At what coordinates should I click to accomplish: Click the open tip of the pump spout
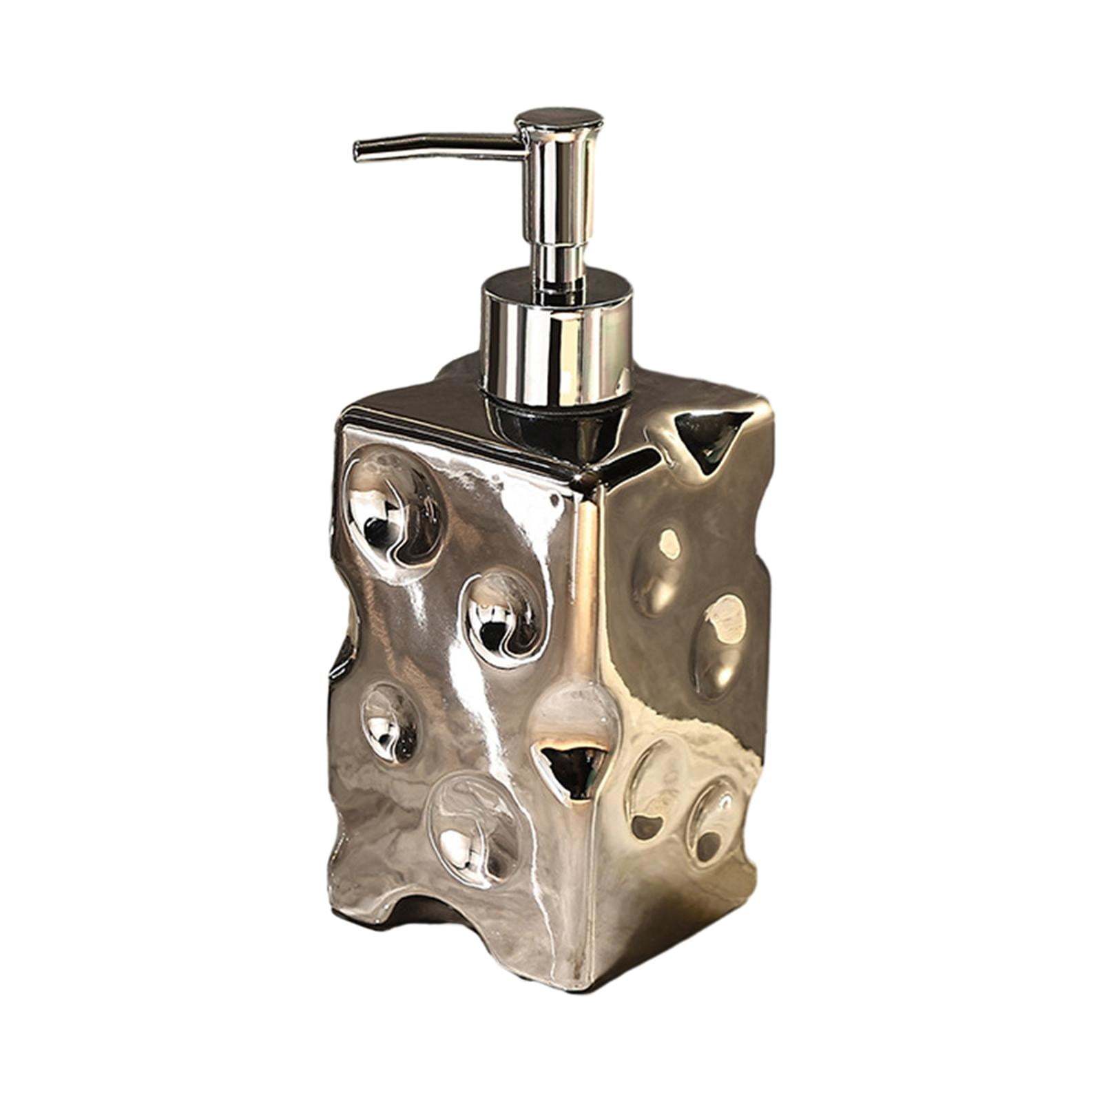pyautogui.click(x=357, y=152)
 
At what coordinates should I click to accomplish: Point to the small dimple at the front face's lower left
pyautogui.click(x=390, y=723)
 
